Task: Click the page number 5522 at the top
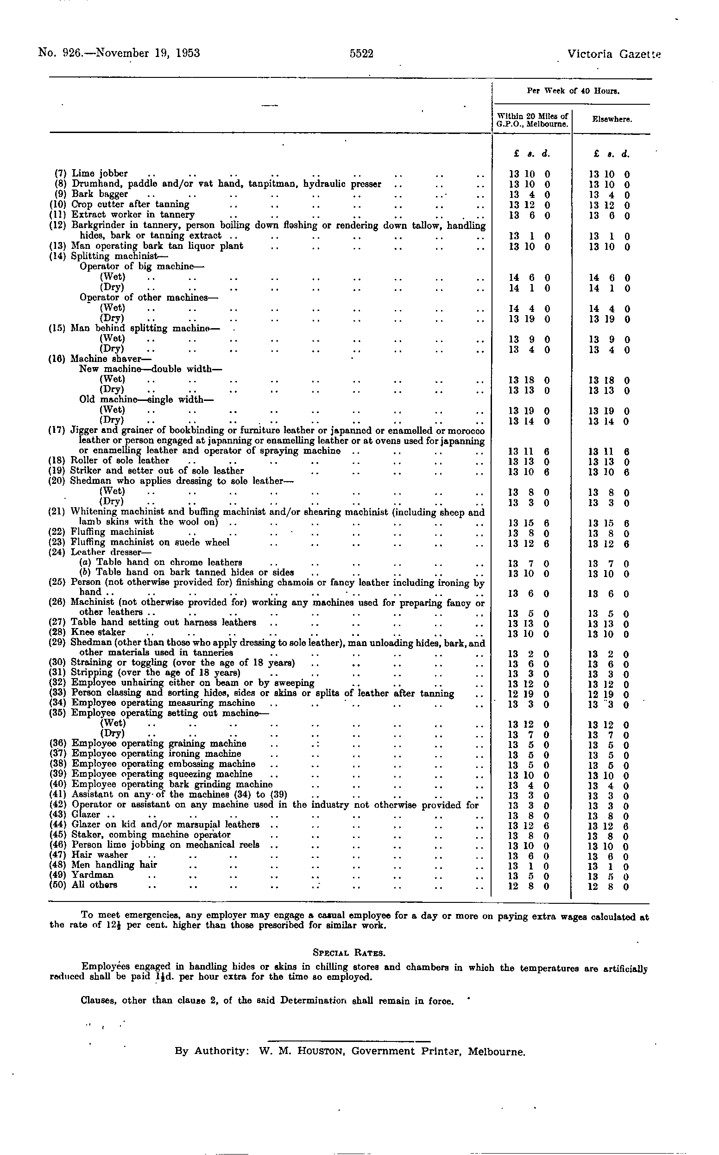point(361,53)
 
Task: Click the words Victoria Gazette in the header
point(613,54)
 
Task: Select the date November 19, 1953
point(147,53)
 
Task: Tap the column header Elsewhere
point(612,120)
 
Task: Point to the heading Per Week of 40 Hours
point(573,91)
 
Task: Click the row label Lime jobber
point(100,174)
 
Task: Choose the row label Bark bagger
point(100,194)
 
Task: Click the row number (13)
point(58,246)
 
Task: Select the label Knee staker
point(98,632)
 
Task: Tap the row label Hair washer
point(100,855)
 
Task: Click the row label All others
point(94,885)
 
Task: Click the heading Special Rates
point(349,952)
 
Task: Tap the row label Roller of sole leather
point(120,460)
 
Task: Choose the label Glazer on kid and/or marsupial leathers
point(165,825)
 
